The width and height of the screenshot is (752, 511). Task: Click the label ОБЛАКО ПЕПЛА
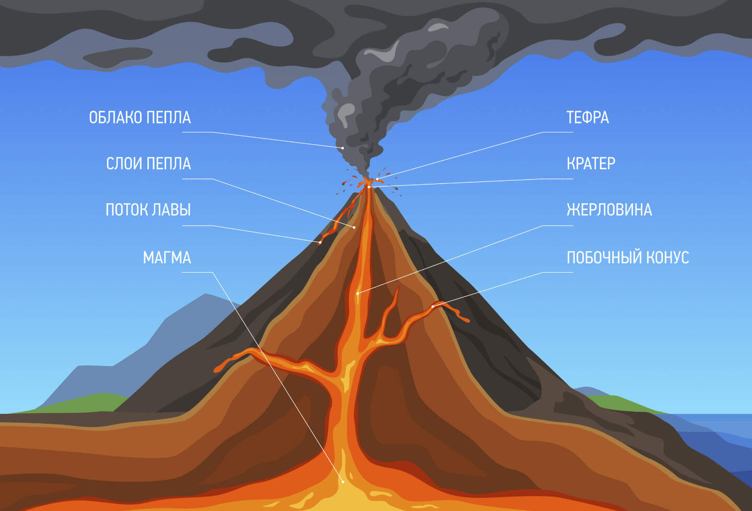click(x=140, y=118)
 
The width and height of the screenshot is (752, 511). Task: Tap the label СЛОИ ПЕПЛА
click(x=148, y=164)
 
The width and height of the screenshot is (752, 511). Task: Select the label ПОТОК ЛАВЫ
click(x=148, y=210)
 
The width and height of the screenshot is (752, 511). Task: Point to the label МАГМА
click(x=167, y=258)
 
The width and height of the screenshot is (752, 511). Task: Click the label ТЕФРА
click(x=587, y=118)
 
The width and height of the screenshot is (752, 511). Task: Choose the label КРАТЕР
click(x=591, y=164)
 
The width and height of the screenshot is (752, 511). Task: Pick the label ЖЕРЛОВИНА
click(x=609, y=210)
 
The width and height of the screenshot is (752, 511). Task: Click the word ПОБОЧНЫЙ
click(x=604, y=258)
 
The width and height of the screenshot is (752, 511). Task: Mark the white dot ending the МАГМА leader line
click(x=343, y=481)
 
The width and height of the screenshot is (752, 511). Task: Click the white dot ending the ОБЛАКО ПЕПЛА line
click(x=343, y=148)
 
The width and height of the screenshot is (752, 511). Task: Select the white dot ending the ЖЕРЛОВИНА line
click(x=358, y=293)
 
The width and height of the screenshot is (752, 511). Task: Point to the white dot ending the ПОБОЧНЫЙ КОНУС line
click(x=433, y=306)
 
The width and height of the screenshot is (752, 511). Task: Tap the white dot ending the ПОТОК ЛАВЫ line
click(x=320, y=242)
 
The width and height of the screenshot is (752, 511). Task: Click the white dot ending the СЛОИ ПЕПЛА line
click(x=354, y=227)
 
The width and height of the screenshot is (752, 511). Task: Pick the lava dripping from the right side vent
click(x=462, y=317)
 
